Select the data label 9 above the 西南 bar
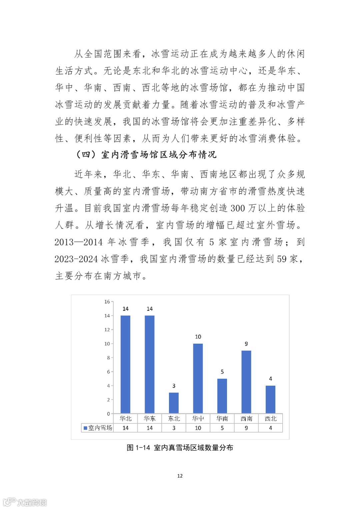tap(246, 344)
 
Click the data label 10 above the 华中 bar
tap(198, 337)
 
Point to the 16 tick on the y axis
tap(107, 302)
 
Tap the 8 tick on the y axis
tap(108, 358)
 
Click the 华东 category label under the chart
tap(150, 418)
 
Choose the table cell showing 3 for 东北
tap(174, 428)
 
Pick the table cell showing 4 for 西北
tap(270, 428)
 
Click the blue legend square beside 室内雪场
tap(85, 428)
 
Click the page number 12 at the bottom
tap(180, 476)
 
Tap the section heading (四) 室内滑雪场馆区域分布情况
tap(146, 155)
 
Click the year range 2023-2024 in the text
tap(76, 259)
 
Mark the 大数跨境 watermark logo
tap(25, 502)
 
